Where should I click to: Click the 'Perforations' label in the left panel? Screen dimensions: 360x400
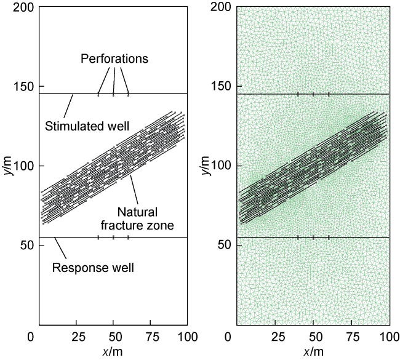[x=114, y=59]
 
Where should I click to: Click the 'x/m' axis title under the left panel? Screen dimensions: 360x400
[x=113, y=351]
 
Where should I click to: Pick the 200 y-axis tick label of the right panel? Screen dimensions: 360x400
[x=221, y=7]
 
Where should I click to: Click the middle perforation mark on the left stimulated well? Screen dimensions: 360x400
[x=113, y=94]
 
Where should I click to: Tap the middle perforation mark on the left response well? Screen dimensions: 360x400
[x=113, y=237]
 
